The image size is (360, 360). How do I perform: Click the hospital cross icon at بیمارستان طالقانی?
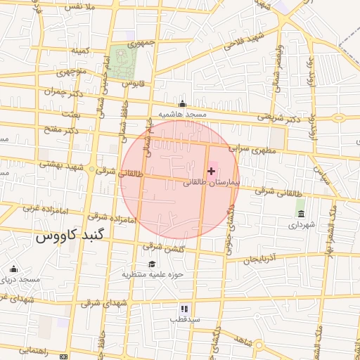(211, 171)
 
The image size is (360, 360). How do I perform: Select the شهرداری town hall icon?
(301, 214)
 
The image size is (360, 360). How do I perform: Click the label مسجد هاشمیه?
(182, 114)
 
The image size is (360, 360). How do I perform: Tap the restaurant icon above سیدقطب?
(184, 308)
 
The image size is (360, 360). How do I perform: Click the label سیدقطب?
(184, 319)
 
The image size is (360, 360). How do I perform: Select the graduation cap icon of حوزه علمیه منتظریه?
(152, 264)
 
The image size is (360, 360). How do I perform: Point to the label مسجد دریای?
(17, 279)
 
